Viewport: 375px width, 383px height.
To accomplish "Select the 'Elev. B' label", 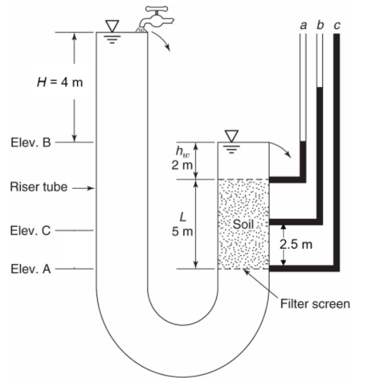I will pos(31,141).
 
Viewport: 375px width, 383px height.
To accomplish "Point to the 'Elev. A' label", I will pos(31,269).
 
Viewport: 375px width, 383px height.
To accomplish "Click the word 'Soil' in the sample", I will pos(244,223).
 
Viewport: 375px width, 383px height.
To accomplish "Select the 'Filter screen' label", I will pos(314,304).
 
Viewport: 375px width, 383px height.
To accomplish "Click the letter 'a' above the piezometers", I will pos(303,23).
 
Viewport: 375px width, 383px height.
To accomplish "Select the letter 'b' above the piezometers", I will pos(320,22).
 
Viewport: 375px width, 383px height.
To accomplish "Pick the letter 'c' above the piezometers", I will pos(337,23).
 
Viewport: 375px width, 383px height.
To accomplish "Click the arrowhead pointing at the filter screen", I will pos(250,274).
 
